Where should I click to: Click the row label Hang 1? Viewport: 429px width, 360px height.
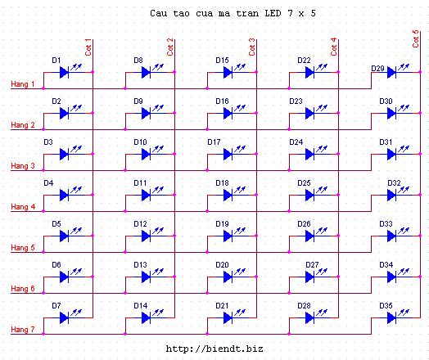coord(23,84)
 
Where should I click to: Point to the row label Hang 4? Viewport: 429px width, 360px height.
coord(23,207)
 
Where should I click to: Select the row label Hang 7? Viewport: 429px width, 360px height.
coord(23,330)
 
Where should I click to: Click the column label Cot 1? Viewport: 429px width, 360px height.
coord(88,47)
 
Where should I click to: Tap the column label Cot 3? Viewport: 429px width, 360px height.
coord(251,47)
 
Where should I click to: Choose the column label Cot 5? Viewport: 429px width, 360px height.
coord(416,38)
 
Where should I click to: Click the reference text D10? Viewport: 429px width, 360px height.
coord(140,142)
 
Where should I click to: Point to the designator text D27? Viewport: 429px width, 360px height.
coord(312,265)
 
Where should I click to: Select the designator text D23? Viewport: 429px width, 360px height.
coord(296,101)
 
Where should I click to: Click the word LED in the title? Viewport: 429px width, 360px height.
coord(273,13)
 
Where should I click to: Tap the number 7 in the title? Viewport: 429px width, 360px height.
coord(291,13)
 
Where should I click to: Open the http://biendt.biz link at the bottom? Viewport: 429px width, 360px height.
coord(214,349)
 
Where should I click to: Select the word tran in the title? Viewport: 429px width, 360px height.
coord(247,13)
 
